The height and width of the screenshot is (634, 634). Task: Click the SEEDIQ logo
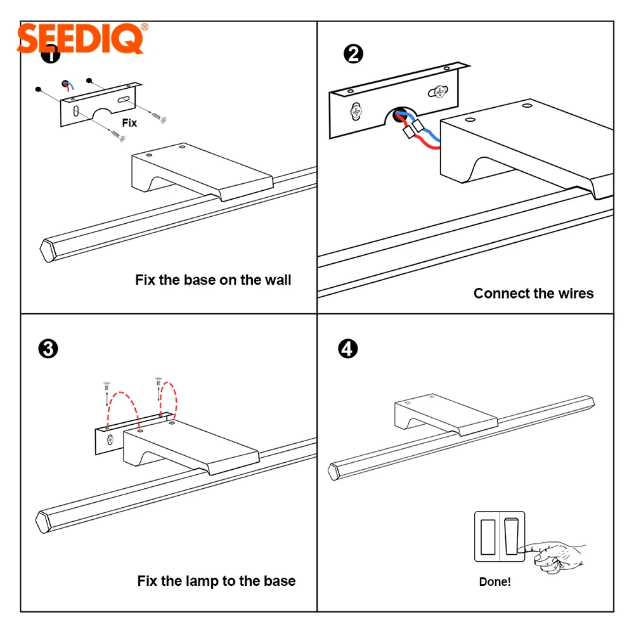[x=82, y=39]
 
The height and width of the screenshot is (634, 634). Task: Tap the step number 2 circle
[x=353, y=54]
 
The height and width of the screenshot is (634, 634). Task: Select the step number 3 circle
[x=48, y=349]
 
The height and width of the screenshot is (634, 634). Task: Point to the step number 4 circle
[x=347, y=349]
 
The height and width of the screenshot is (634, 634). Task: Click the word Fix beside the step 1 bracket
[x=129, y=123]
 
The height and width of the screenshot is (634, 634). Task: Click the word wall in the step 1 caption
[x=278, y=280]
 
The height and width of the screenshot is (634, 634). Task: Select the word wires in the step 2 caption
[x=576, y=293]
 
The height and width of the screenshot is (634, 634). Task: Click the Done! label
[x=495, y=582]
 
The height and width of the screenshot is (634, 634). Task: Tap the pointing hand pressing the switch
[x=552, y=556]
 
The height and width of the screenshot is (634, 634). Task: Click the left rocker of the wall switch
[x=488, y=537]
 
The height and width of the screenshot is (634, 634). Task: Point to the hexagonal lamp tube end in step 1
[x=48, y=250]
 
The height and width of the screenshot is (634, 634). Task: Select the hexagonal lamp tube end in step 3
[x=43, y=522]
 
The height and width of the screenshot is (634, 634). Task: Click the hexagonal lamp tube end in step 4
[x=334, y=472]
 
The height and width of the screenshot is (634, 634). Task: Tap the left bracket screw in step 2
[x=356, y=111]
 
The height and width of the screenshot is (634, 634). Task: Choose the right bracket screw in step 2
[x=438, y=92]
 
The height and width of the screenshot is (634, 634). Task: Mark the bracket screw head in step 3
[x=110, y=439]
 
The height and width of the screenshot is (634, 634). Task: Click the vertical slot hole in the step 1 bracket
[x=75, y=111]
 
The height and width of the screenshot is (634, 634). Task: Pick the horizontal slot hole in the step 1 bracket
[x=124, y=100]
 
